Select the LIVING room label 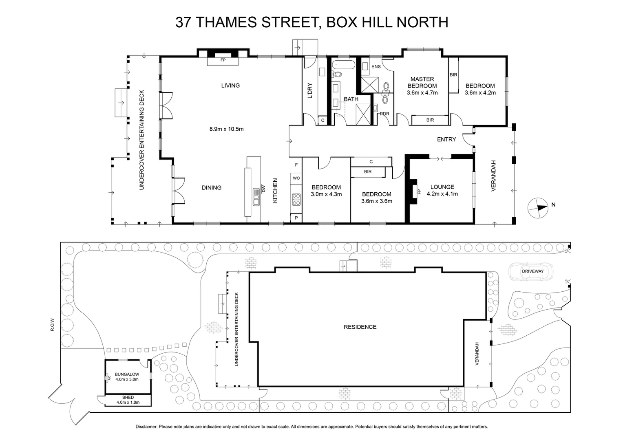point(230,86)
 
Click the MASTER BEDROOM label point(422,82)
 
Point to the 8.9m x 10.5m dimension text point(226,129)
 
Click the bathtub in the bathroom point(343,65)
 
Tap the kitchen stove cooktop point(296,199)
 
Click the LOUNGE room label point(442,187)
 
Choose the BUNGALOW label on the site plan point(127,374)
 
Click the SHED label point(128,397)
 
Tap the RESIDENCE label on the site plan point(360,327)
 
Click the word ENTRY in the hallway point(446,139)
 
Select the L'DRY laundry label point(309,90)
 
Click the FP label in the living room point(223,60)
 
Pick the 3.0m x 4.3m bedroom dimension point(326,194)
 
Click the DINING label point(212,187)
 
